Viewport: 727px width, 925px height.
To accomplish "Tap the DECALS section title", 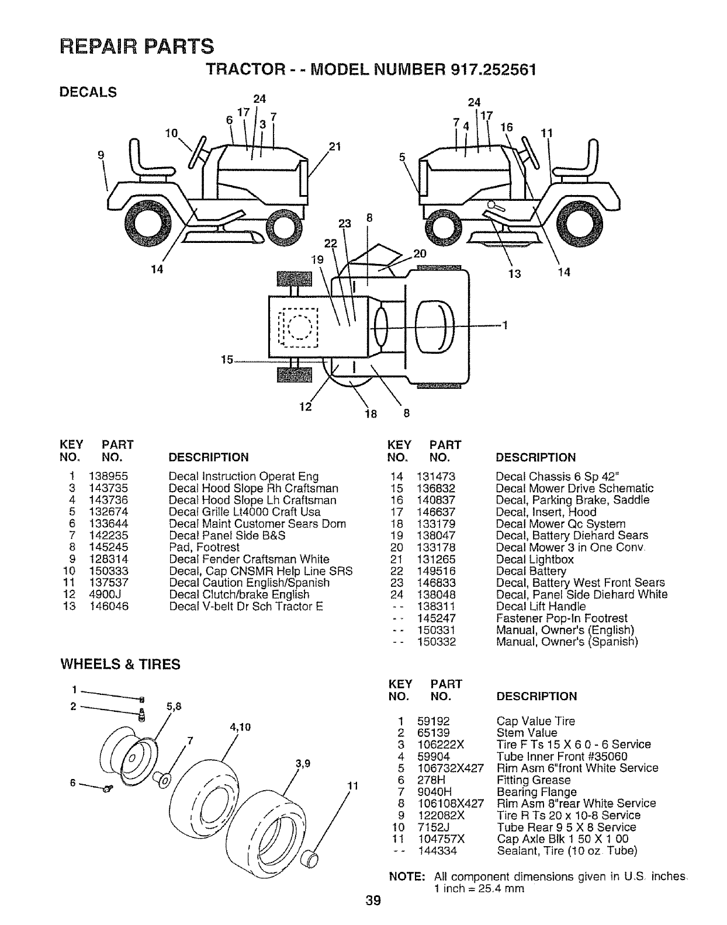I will [88, 92].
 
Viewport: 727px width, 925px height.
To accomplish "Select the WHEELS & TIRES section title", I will [121, 665].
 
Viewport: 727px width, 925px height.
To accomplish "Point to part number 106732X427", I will [450, 768].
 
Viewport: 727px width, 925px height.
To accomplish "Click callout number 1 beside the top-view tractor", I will [505, 326].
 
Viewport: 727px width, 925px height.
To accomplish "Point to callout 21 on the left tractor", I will [334, 146].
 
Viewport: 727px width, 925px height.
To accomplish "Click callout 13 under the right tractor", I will [514, 272].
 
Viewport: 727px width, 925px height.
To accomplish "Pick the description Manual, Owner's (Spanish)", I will [566, 641].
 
